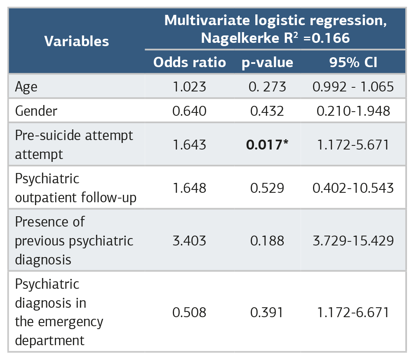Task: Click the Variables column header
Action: [77, 42]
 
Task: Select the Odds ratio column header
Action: [190, 63]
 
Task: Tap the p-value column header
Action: [267, 63]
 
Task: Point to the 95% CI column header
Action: [353, 63]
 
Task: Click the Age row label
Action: [26, 87]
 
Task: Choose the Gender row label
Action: [36, 111]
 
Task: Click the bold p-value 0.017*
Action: [267, 145]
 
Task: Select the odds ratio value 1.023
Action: [189, 87]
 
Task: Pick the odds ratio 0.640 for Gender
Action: [189, 111]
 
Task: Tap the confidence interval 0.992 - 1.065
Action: [353, 87]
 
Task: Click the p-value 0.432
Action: [267, 111]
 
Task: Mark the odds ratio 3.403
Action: [189, 241]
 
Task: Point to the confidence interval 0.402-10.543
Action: [353, 188]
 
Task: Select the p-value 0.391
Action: [267, 312]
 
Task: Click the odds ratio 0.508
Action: [189, 312]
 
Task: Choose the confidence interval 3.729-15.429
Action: [353, 241]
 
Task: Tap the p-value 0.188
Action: [267, 241]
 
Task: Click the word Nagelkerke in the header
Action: [240, 38]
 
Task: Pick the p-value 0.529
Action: [267, 188]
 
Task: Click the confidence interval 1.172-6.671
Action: [353, 312]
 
